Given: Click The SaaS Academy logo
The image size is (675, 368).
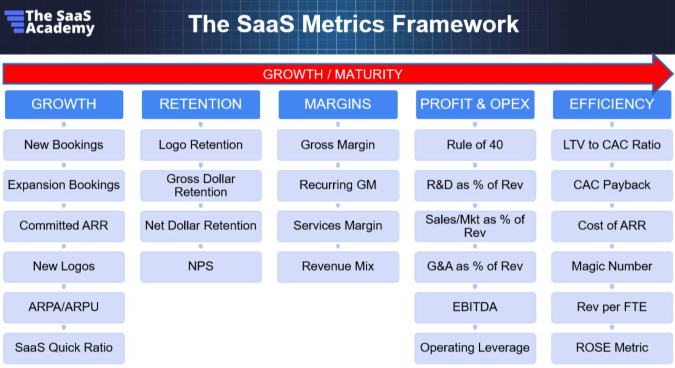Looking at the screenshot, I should click(x=49, y=22).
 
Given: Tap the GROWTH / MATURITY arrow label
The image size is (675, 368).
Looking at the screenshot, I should click(x=332, y=74).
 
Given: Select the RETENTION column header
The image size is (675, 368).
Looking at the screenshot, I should click(x=201, y=104).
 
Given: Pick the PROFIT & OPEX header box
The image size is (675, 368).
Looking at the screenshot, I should click(x=475, y=104).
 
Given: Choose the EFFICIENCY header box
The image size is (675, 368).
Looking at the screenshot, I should click(x=612, y=104).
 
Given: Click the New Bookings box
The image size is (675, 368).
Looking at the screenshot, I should click(x=64, y=145).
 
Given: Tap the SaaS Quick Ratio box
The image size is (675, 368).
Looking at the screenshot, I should click(x=64, y=348).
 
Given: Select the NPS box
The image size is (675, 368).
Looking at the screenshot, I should click(x=201, y=266).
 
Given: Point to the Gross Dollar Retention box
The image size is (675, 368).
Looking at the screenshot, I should click(x=201, y=185).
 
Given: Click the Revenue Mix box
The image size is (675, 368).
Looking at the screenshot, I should click(x=338, y=266).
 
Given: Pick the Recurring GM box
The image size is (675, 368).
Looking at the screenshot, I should click(x=338, y=185).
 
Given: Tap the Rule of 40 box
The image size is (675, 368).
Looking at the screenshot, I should click(x=475, y=145).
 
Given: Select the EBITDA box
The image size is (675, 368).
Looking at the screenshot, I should click(x=475, y=307).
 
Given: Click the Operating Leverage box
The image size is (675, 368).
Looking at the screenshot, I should click(x=475, y=348).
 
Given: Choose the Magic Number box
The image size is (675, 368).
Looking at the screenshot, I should click(x=612, y=266).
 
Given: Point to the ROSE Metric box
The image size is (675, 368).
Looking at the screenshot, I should click(x=612, y=348).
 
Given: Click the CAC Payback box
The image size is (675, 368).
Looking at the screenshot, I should click(x=612, y=185).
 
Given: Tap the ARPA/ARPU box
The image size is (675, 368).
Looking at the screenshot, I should click(x=64, y=307).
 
